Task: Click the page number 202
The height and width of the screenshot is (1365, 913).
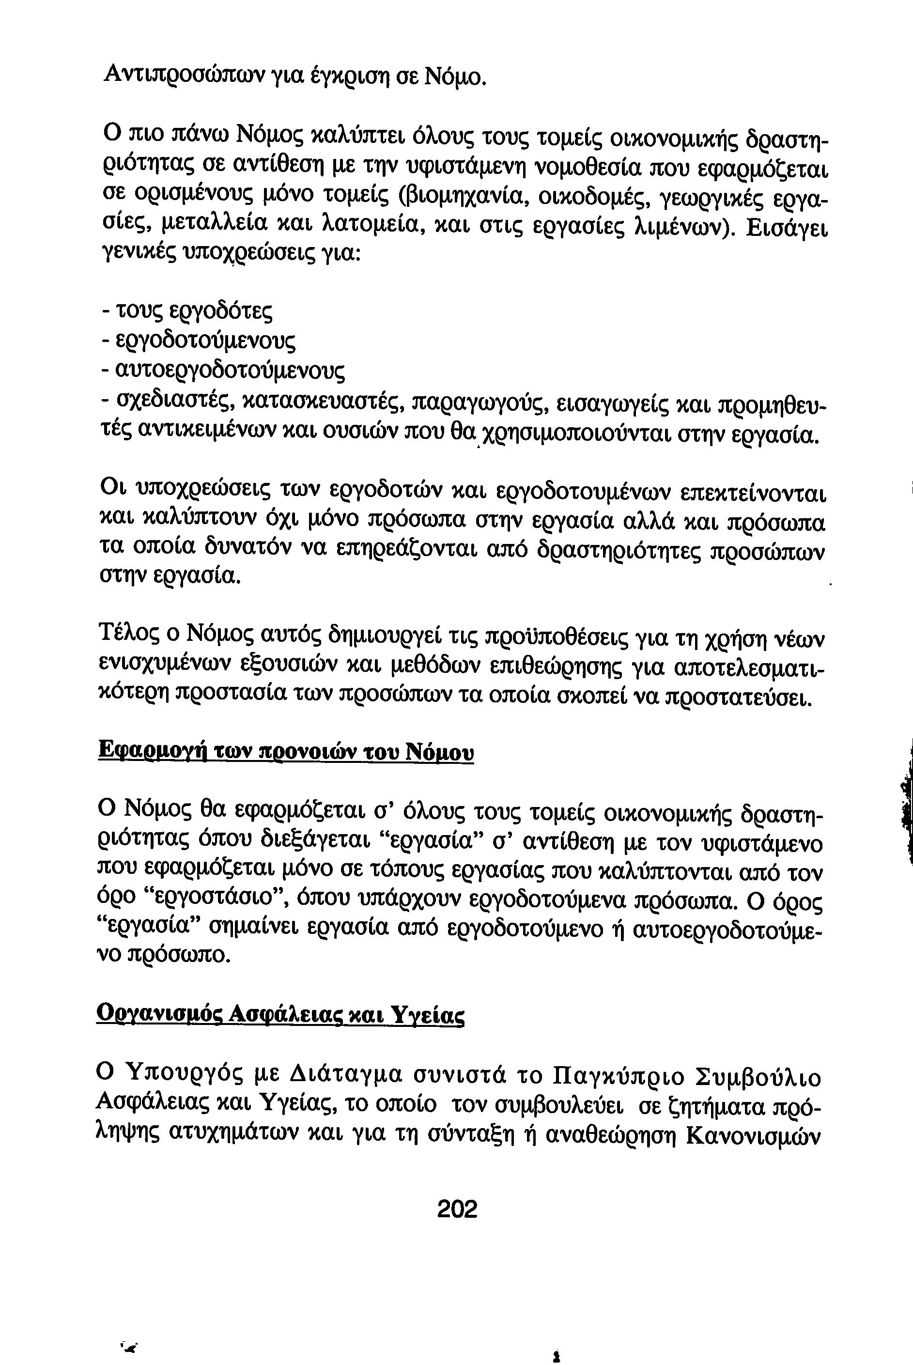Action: click(x=457, y=1209)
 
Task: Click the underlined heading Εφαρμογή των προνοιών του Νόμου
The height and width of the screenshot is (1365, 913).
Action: click(x=285, y=752)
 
